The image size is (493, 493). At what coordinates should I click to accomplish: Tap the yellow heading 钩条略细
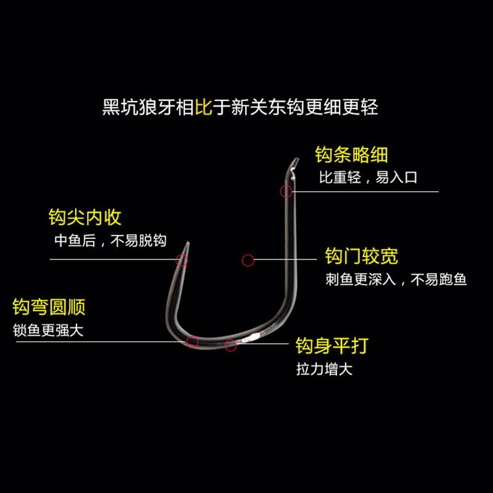[x=351, y=154]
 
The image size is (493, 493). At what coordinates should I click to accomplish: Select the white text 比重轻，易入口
[x=368, y=178]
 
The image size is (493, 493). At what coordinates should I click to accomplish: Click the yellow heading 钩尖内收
[x=85, y=218]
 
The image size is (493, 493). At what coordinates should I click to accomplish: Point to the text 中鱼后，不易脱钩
[x=110, y=241]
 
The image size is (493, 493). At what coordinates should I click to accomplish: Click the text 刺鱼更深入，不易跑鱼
[x=396, y=280]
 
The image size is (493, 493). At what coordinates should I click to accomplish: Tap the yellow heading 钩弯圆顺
[x=49, y=306]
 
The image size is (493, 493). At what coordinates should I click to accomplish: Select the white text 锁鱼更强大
[x=47, y=330]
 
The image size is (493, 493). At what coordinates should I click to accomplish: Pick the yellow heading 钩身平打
[x=332, y=346]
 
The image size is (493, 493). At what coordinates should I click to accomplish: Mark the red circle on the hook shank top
[x=286, y=191]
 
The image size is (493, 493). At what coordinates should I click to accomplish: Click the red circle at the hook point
[x=181, y=259]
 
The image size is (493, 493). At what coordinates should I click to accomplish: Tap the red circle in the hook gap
[x=248, y=260]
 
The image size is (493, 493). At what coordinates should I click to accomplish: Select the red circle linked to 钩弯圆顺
[x=192, y=341]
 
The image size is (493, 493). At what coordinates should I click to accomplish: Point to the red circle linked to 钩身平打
[x=230, y=345]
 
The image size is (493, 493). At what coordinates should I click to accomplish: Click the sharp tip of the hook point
[x=185, y=243]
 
